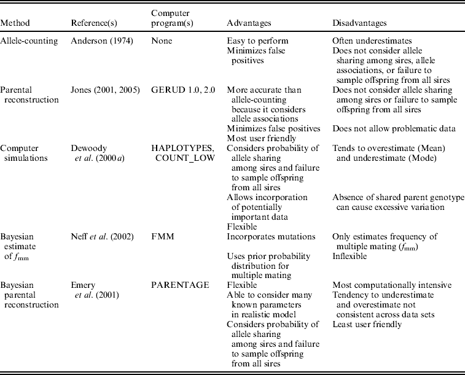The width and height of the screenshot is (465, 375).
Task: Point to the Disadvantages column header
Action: click(359, 23)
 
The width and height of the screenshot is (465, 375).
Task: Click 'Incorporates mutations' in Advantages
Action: click(266, 236)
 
